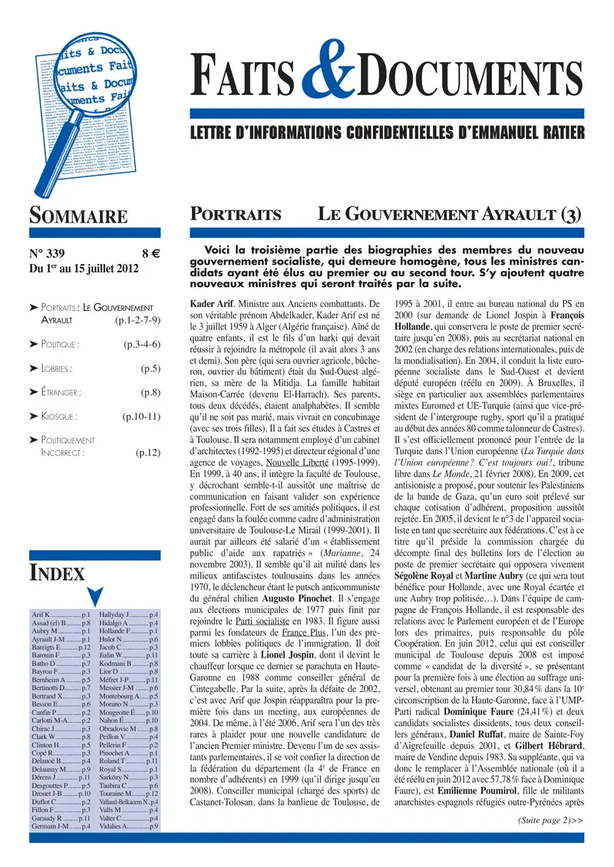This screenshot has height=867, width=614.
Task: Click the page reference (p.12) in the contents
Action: (148, 453)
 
